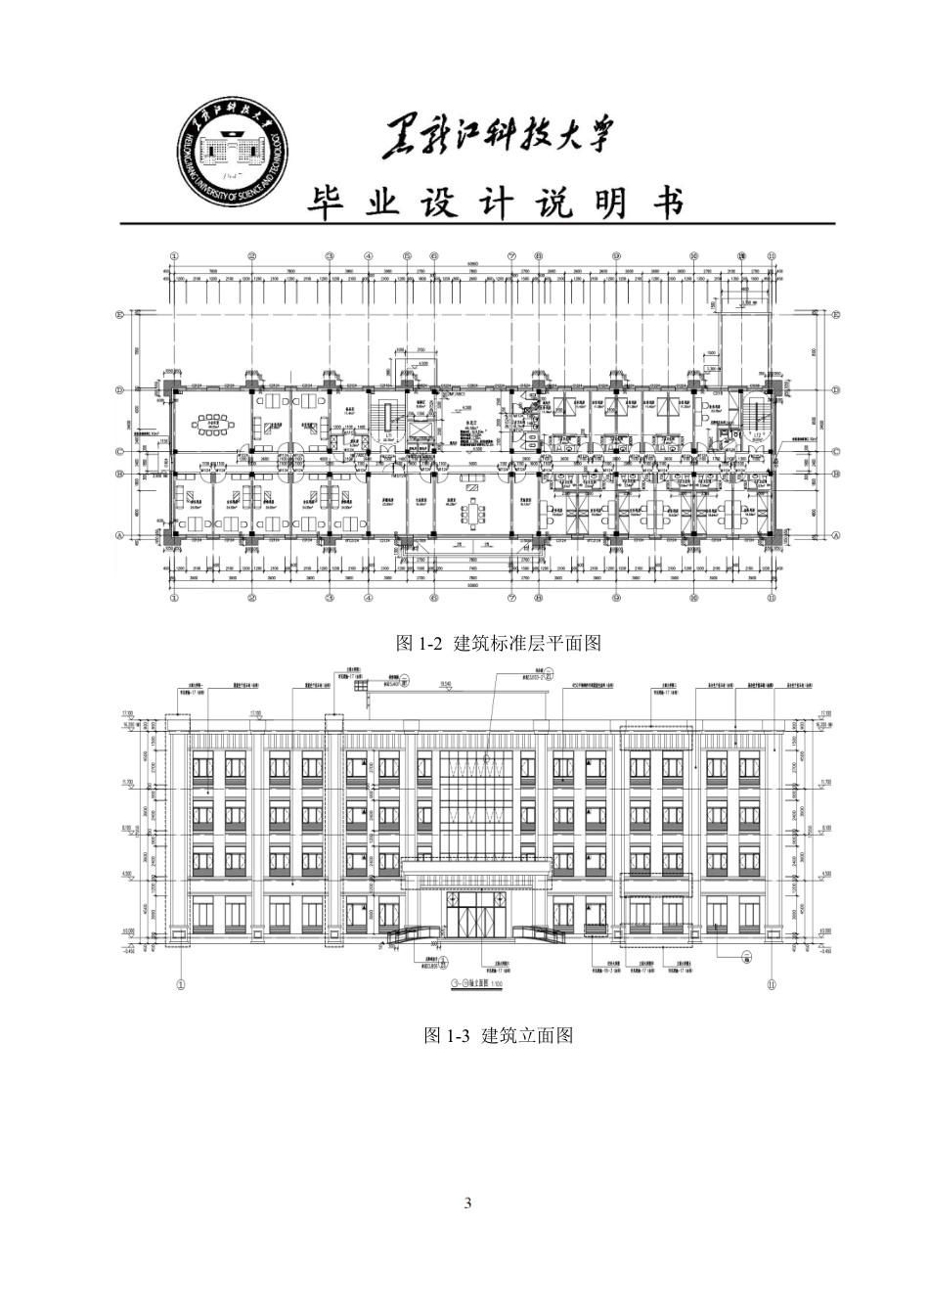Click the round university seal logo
[234, 157]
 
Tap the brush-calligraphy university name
[500, 137]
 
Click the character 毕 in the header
[332, 204]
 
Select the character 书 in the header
[667, 204]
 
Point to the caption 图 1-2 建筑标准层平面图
[497, 644]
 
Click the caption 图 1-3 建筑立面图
[497, 1035]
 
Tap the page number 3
[467, 1202]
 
